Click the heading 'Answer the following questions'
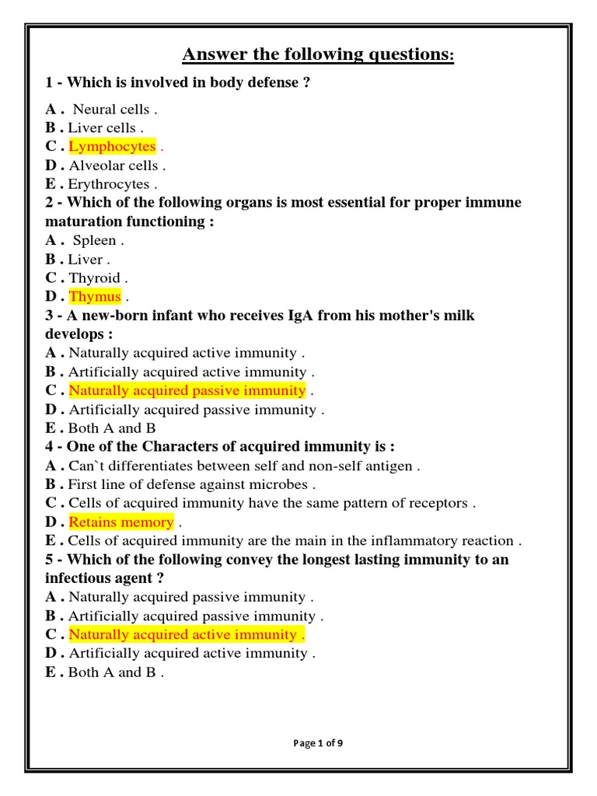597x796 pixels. (317, 54)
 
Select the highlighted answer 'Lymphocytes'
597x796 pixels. (112, 147)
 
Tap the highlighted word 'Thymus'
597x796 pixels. (95, 296)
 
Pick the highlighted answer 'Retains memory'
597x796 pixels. (121, 522)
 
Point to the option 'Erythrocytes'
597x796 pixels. (108, 184)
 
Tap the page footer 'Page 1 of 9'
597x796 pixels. (318, 743)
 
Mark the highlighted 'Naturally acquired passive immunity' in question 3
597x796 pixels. (187, 390)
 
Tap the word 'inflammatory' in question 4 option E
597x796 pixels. (414, 540)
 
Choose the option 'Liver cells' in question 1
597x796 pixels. (102, 128)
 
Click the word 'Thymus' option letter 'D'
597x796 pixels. (51, 296)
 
